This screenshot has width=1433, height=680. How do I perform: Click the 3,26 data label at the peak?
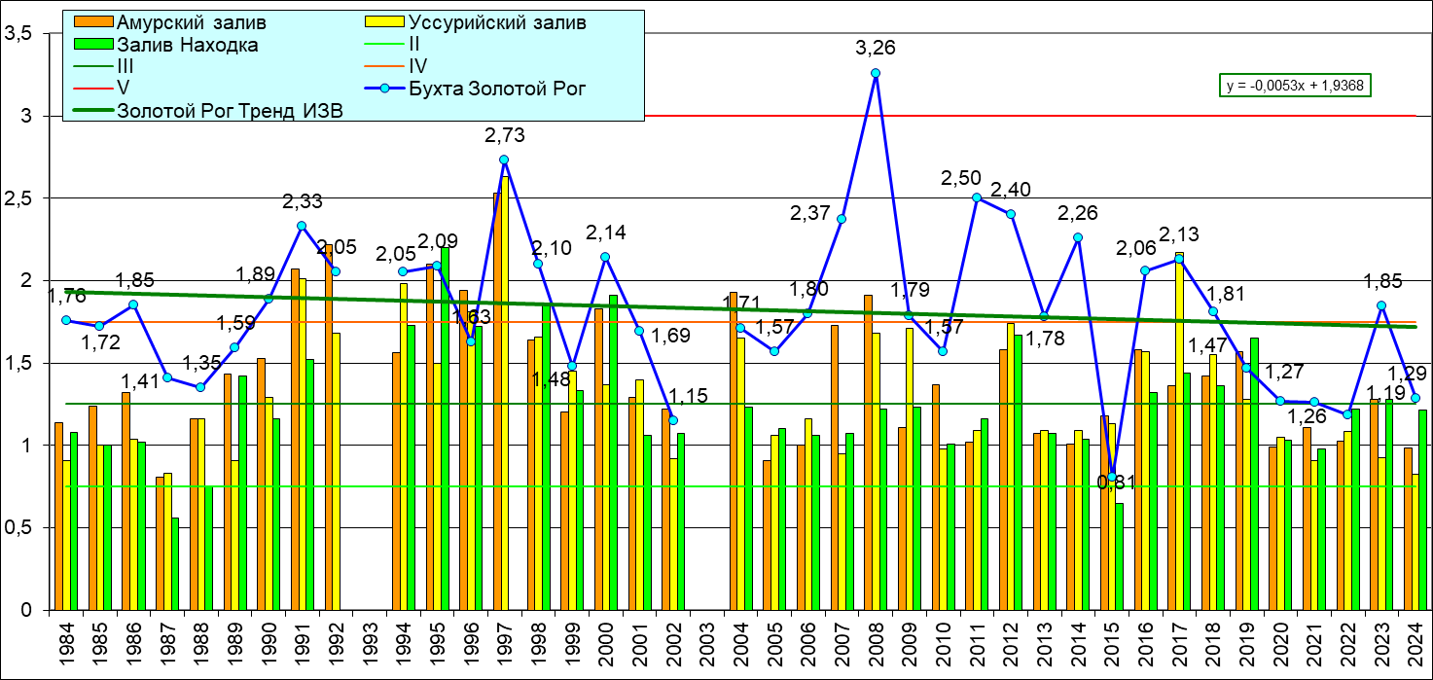[x=875, y=47]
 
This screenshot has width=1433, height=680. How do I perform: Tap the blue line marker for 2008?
[x=876, y=73]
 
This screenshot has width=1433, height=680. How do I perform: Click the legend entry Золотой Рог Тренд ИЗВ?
[x=230, y=110]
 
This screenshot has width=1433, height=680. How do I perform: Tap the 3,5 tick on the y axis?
[x=20, y=34]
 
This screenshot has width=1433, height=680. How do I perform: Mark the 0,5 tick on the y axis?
[x=20, y=528]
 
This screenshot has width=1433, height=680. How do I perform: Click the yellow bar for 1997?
[x=505, y=389]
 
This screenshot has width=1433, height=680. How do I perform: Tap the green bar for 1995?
[x=445, y=428]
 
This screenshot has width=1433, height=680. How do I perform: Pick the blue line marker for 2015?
[x=1112, y=477]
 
